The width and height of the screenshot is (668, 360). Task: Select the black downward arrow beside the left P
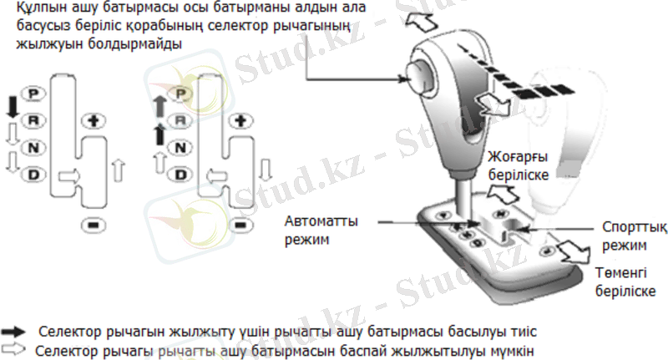[x=12, y=107]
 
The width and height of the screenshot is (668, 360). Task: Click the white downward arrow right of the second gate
[x=266, y=171]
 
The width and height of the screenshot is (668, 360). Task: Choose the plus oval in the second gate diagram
[x=241, y=121]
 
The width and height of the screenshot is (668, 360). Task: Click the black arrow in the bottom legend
[x=14, y=332]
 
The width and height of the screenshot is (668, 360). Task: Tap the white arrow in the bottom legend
[x=14, y=349]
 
